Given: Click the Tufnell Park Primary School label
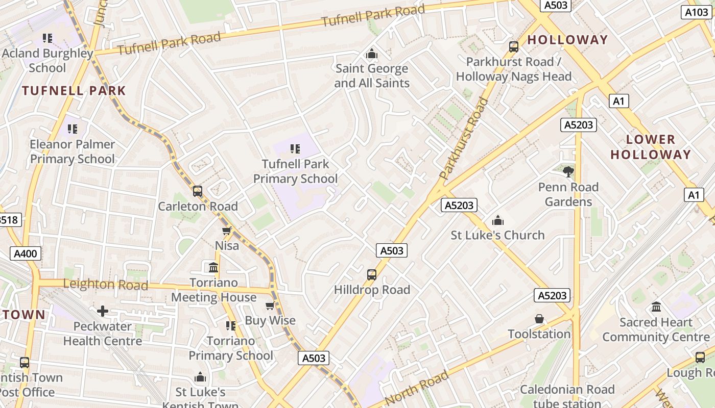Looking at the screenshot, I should point(295,171).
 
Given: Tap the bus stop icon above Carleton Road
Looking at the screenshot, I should point(198,191).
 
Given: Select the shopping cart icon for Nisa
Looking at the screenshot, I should point(227,231).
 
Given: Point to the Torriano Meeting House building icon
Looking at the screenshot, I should point(213,267).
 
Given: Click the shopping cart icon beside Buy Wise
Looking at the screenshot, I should point(270,305).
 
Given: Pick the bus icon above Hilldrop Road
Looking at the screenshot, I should point(372,275).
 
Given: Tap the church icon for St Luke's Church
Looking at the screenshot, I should point(497,220).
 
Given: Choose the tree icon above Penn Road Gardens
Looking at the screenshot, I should point(568,171).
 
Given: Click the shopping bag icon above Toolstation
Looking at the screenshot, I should point(539,319).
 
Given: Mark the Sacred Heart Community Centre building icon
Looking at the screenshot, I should point(656,307).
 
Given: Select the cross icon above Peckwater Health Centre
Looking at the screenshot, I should point(103,311).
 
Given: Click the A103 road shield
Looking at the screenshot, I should point(697,12).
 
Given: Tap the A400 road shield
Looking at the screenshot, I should point(26,253).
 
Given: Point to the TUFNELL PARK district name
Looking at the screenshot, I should point(74,91).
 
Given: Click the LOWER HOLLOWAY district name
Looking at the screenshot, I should point(651,147).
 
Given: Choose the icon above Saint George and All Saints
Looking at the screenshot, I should point(372,54).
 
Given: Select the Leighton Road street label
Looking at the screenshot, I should point(106,285).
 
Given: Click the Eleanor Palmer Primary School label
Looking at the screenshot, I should point(72,151).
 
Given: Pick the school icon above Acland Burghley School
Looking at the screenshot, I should point(47,38).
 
